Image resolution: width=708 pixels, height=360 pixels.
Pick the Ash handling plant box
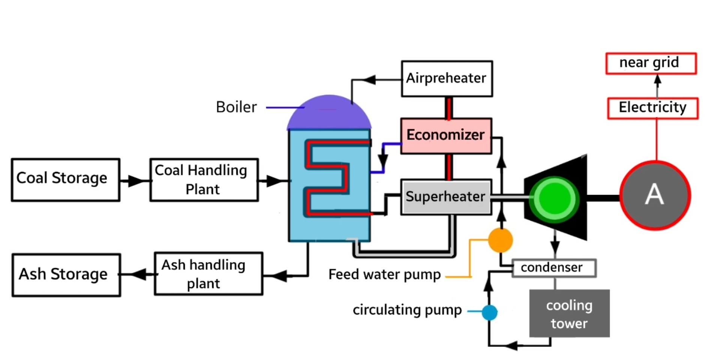click(208, 274)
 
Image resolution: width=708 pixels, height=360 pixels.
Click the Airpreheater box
click(446, 79)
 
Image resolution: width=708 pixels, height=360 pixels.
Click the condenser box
click(554, 268)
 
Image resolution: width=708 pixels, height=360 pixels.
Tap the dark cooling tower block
click(569, 313)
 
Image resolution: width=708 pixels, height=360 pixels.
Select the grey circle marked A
click(655, 195)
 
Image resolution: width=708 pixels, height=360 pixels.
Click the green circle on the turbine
click(554, 199)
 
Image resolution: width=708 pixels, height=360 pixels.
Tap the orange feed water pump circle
click(500, 240)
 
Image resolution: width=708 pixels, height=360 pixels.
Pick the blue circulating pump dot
click(490, 312)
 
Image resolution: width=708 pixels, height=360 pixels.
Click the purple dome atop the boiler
click(329, 112)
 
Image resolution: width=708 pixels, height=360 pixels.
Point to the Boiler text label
click(236, 107)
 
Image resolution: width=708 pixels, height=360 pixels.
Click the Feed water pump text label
click(385, 274)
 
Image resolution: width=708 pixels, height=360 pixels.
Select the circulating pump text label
click(407, 310)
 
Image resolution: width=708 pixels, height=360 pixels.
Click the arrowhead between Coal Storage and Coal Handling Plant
click(135, 181)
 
